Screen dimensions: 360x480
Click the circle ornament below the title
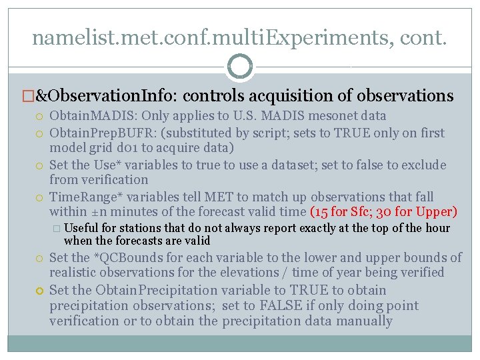point(240,66)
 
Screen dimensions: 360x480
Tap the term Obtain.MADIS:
point(89,116)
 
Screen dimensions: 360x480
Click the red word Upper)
point(433,213)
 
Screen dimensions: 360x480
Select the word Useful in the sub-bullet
point(81,228)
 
